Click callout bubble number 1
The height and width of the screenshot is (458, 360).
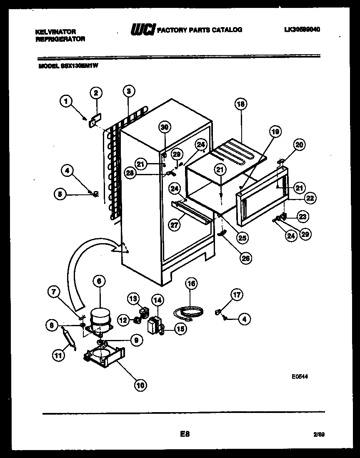point(65,100)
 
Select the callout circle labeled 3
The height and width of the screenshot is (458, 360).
point(129,91)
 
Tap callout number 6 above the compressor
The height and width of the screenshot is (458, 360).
point(99,282)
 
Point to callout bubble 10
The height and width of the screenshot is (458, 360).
point(140,385)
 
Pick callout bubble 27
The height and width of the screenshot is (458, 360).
point(175,224)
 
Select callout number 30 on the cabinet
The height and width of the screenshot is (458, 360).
point(164,127)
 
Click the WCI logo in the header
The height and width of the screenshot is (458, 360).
point(143,30)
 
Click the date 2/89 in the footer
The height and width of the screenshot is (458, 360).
point(319,435)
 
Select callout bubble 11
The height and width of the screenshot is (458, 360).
point(58,356)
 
